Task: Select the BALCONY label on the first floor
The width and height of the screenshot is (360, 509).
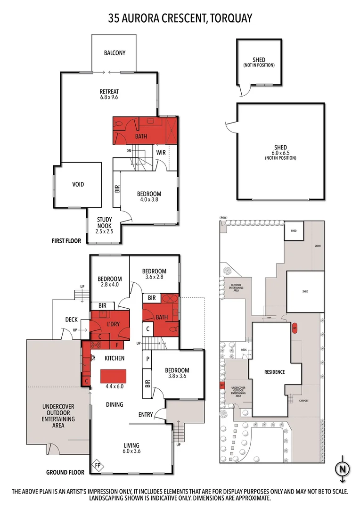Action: point(115,53)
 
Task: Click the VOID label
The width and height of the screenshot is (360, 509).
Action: point(78,184)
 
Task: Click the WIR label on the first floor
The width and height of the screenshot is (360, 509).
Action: point(161,152)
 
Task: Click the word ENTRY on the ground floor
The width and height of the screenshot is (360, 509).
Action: point(146,415)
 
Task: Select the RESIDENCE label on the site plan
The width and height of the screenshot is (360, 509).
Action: point(274,372)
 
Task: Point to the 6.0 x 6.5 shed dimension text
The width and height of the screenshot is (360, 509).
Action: point(280,153)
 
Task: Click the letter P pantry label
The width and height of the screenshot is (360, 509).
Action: point(148,359)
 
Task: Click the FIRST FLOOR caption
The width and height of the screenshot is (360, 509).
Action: point(66,241)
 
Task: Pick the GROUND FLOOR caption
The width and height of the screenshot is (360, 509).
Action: point(65,472)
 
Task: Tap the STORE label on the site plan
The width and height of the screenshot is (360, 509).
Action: point(317,246)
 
